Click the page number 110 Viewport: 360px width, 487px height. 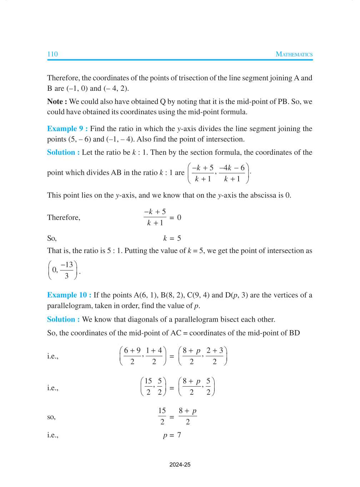point(52,54)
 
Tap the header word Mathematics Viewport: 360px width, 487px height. point(294,54)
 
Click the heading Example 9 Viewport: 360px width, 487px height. point(67,129)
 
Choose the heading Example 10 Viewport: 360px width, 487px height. point(69,295)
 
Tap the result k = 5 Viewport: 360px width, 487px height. point(172,238)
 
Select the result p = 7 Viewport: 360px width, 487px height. point(172,435)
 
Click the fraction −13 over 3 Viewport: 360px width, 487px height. point(67,270)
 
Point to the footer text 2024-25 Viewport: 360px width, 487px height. point(180,465)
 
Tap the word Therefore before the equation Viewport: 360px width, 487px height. point(64,218)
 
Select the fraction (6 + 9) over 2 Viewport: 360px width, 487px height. point(132,356)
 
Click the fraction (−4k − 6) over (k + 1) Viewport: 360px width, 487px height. point(232,173)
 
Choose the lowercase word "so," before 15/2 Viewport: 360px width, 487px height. point(51,417)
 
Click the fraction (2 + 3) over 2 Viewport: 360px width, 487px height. point(215,356)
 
